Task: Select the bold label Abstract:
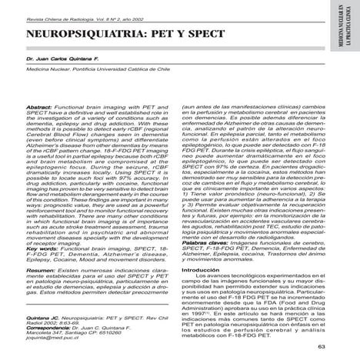38,107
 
